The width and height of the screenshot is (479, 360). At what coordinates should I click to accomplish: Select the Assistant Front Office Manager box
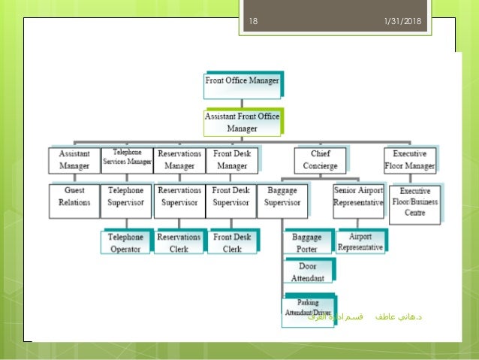point(242,123)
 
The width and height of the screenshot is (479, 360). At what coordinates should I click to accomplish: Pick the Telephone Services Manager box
point(126,159)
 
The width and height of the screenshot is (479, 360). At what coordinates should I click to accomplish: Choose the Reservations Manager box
point(179,159)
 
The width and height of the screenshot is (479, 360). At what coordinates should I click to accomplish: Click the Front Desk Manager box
point(231,159)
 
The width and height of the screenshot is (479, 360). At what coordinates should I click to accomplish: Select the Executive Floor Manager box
point(409,159)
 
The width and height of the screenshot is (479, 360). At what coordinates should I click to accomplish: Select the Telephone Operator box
point(125,243)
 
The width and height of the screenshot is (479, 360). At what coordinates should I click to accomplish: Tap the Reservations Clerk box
point(179,243)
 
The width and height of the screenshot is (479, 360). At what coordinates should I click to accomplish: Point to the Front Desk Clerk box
point(232,243)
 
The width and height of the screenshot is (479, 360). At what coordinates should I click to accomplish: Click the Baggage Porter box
point(308,243)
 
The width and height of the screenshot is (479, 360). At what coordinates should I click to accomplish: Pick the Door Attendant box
point(308,271)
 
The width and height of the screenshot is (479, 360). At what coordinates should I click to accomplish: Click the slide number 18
point(252,21)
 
